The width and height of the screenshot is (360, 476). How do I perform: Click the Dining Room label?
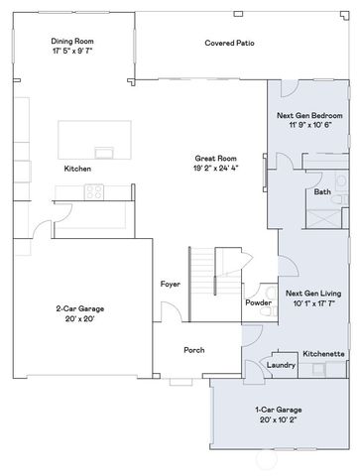point(71,42)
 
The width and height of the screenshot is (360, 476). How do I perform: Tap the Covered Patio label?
point(225,44)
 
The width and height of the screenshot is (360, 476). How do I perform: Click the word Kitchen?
point(77,170)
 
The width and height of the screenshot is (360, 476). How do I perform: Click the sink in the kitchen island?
point(103,152)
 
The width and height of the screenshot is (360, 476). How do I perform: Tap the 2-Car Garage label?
point(79,308)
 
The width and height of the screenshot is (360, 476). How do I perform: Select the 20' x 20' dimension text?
point(79,319)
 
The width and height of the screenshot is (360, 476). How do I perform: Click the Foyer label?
point(170,285)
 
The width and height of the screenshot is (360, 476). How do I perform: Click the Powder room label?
point(258,302)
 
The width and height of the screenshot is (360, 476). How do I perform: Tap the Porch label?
point(193,350)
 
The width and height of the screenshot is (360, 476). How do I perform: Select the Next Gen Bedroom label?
point(308,115)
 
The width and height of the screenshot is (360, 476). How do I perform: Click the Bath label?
point(322,191)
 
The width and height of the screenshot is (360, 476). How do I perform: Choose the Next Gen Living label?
point(313,294)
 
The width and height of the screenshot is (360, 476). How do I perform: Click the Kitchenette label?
point(323,353)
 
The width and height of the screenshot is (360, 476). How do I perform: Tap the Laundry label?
point(282,365)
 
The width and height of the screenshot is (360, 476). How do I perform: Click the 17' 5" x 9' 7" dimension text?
point(71,53)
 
